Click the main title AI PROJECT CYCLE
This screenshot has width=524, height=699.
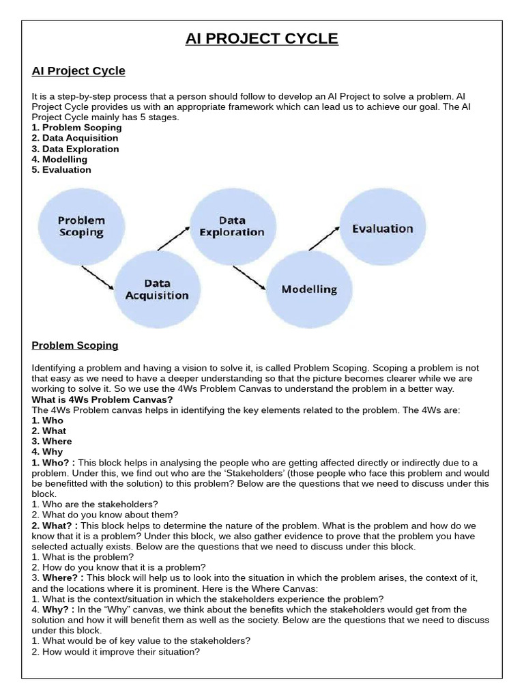[262, 39]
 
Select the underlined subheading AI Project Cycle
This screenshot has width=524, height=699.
[78, 71]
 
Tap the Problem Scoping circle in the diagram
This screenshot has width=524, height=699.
[81, 227]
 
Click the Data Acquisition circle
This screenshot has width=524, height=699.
[157, 289]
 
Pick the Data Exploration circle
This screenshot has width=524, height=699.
[232, 227]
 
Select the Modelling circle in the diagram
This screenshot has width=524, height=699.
[309, 289]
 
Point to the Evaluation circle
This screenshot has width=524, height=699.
[382, 229]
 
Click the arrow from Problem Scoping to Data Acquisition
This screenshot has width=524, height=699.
[98, 276]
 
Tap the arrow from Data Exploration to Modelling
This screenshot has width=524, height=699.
[249, 277]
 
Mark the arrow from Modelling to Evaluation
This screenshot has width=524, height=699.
[323, 240]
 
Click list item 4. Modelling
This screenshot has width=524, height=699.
[59, 159]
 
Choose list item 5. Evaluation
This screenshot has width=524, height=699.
[61, 169]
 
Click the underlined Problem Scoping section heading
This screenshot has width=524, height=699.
[75, 345]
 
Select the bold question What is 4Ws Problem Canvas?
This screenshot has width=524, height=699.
[102, 399]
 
